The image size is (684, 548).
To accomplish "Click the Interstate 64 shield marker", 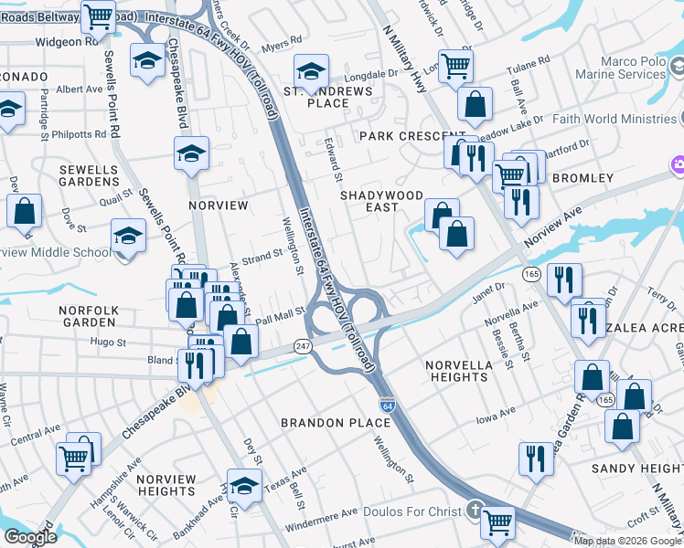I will tap(387, 404).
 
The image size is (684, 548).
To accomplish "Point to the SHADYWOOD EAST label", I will tap(381, 201).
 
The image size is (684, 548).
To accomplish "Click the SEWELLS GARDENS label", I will tap(89, 175).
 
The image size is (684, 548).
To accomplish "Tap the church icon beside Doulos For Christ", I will tap(474, 509).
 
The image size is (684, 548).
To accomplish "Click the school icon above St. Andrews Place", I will tap(311, 69).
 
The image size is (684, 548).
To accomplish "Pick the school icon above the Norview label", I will tap(191, 153).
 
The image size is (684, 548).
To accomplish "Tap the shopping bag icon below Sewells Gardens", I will tap(25, 210).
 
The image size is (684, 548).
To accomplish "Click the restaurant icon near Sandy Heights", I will tap(536, 458).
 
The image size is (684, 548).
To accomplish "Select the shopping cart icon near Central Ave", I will tap(74, 456).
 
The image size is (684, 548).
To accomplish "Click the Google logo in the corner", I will tap(29, 537).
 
